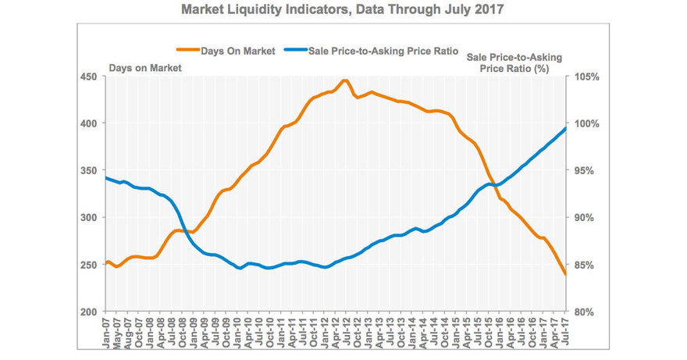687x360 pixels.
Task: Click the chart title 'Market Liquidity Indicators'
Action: pyautogui.click(x=343, y=11)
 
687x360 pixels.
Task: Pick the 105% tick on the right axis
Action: pyautogui.click(x=587, y=77)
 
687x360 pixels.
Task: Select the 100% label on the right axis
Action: pyautogui.click(x=587, y=123)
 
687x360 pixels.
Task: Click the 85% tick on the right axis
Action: pyautogui.click(x=587, y=265)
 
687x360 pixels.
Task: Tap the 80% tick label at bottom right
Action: pyautogui.click(x=587, y=312)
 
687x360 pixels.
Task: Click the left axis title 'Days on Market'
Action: pyautogui.click(x=145, y=68)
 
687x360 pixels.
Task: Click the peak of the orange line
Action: pyautogui.click(x=344, y=80)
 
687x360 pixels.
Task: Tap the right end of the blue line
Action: pyautogui.click(x=566, y=128)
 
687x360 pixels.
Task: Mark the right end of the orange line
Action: pyautogui.click(x=566, y=274)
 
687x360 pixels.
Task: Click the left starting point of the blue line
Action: pyautogui.click(x=105, y=177)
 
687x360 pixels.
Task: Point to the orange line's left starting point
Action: pyautogui.click(x=105, y=263)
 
